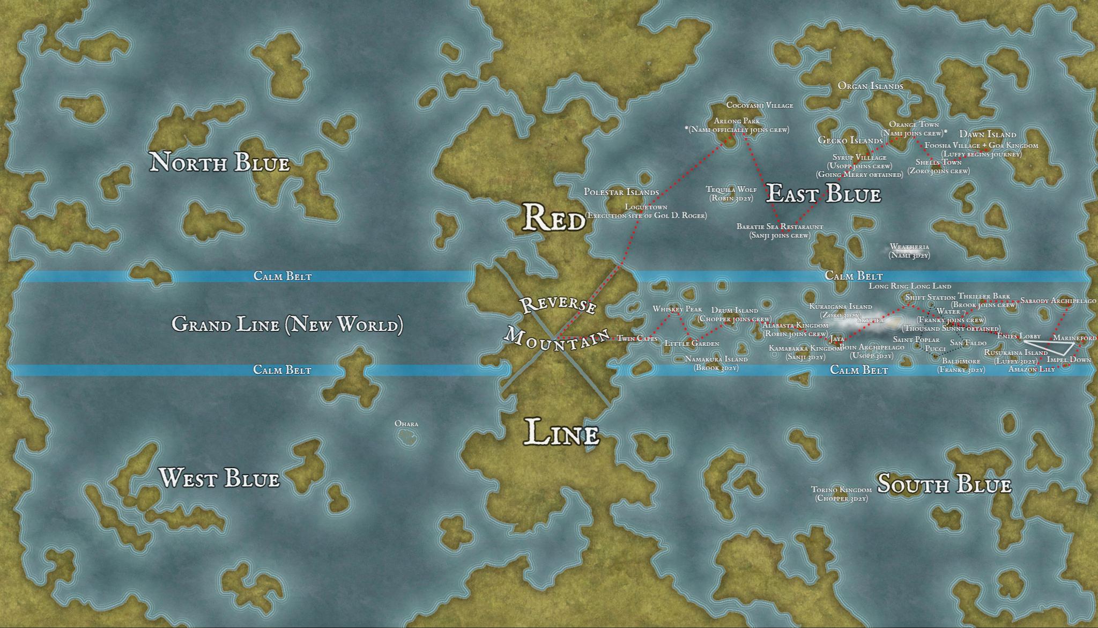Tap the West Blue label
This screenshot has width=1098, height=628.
(220, 478)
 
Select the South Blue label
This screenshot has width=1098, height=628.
(944, 485)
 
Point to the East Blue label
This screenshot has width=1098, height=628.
(823, 194)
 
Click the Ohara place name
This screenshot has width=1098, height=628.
(406, 424)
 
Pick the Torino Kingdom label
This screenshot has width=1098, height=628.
(841, 490)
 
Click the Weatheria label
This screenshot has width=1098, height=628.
(909, 247)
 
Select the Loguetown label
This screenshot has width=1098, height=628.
(646, 207)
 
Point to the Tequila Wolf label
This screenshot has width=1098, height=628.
(731, 189)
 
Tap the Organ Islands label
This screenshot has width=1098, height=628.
(870, 86)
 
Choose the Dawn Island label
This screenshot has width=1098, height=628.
(987, 135)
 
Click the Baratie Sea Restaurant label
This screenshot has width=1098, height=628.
(780, 227)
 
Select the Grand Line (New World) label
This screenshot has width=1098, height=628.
(287, 324)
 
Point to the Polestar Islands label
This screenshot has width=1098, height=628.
(621, 192)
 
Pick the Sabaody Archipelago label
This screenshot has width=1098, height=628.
(1058, 301)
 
